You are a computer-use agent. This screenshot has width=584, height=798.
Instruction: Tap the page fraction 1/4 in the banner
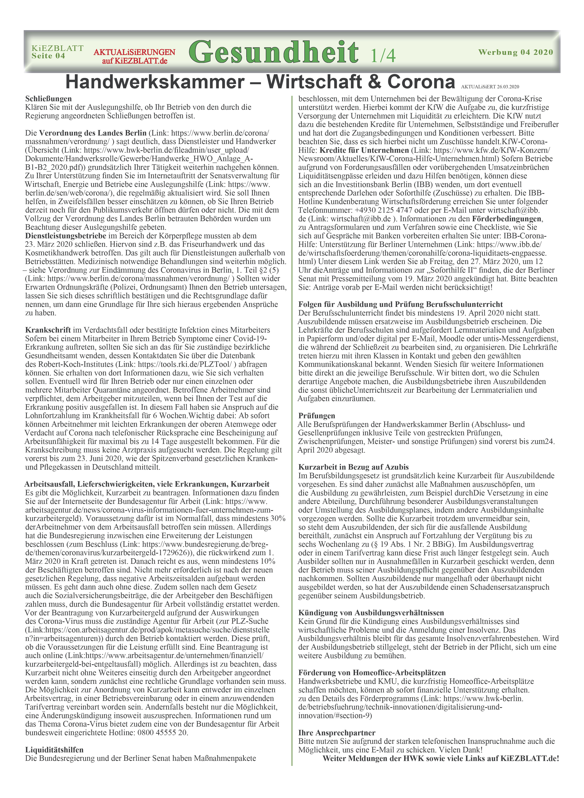[x=383, y=55]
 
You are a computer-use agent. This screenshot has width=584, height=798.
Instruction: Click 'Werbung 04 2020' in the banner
[x=515, y=52]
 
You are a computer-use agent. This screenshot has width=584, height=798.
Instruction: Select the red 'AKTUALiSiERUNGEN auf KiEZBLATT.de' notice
[x=134, y=57]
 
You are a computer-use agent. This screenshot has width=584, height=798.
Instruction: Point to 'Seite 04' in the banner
[x=48, y=56]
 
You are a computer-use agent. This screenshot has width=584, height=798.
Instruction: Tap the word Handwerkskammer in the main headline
[x=155, y=82]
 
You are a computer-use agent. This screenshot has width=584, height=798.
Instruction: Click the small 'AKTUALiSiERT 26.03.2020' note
[x=490, y=87]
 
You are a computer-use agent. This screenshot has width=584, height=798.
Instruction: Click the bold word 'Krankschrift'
[x=48, y=330]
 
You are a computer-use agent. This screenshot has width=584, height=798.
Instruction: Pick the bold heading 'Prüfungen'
[x=316, y=416]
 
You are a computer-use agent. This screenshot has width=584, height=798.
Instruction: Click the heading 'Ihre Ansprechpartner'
[x=336, y=733]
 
